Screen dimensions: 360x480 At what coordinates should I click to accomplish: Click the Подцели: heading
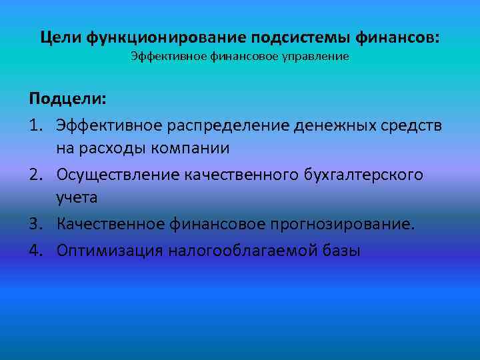(x=67, y=99)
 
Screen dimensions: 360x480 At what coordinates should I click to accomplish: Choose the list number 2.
(x=36, y=174)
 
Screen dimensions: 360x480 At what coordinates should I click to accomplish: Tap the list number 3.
(x=36, y=224)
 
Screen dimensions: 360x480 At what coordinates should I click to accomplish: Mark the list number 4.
(x=36, y=250)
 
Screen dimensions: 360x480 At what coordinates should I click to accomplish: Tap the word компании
(x=194, y=148)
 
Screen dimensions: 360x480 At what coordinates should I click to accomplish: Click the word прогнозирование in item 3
(x=342, y=224)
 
